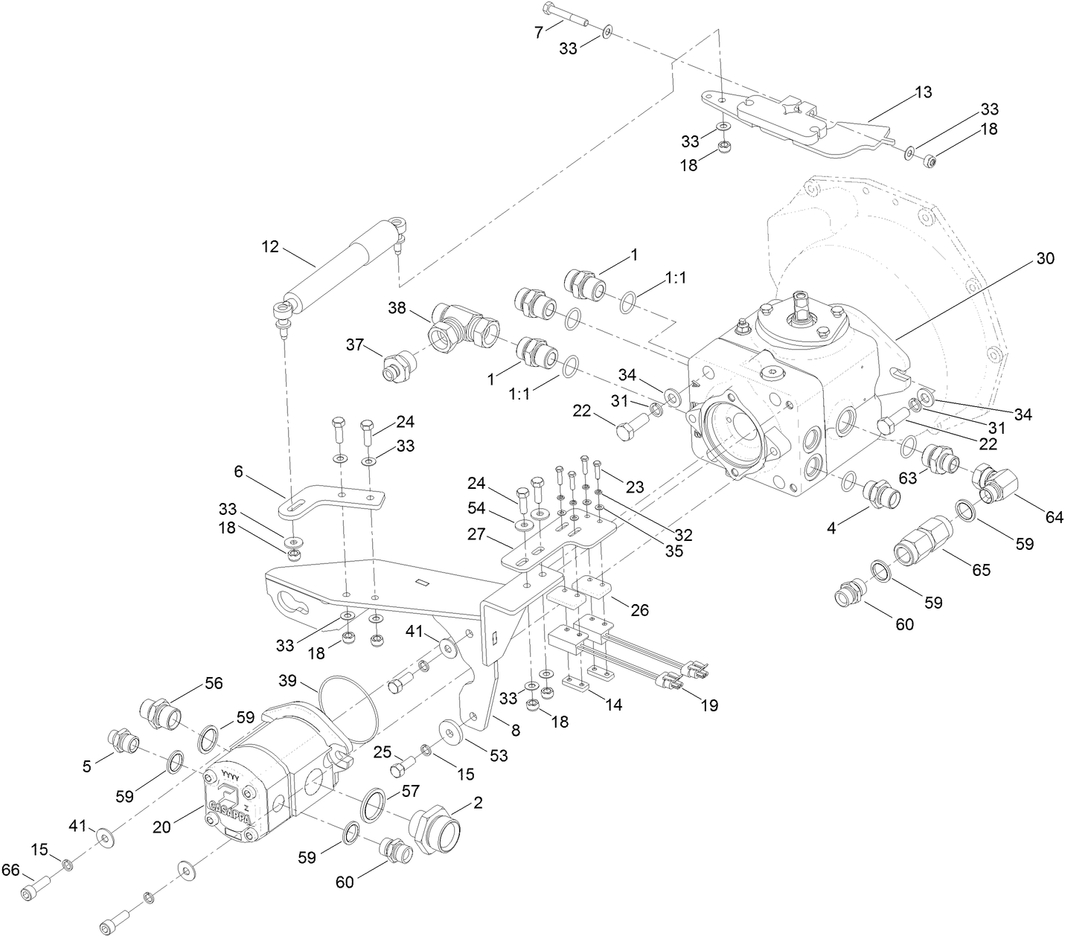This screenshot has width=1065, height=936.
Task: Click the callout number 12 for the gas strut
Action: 270,246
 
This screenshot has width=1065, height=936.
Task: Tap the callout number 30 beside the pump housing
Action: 1045,259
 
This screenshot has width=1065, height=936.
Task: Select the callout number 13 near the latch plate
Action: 923,92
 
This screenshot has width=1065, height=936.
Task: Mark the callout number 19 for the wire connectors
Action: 709,705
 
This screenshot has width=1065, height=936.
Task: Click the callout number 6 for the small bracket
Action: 238,471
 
